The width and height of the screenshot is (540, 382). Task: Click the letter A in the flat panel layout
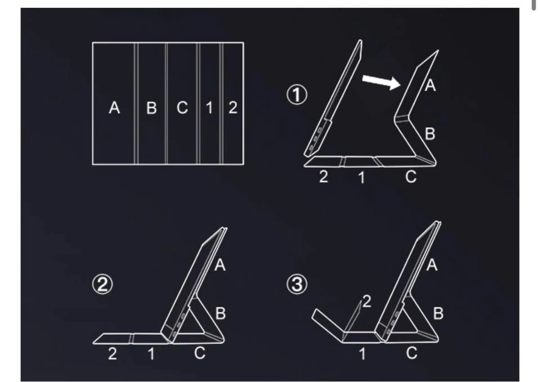(x=114, y=107)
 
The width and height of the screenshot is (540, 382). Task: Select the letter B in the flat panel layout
(x=151, y=108)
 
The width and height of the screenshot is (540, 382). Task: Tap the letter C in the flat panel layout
(x=182, y=107)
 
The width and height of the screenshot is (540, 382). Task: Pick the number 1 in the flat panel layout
(x=209, y=108)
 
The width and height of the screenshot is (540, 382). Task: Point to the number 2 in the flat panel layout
(x=233, y=107)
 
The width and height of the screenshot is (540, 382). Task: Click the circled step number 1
(x=297, y=95)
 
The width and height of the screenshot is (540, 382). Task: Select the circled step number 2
(x=102, y=285)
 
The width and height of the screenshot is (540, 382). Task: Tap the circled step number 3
(x=297, y=285)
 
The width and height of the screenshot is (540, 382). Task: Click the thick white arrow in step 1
(x=381, y=82)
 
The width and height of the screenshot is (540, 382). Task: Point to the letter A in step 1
(x=430, y=86)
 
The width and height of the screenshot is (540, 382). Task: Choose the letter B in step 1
(x=430, y=134)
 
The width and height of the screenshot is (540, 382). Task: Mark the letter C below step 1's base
(x=411, y=177)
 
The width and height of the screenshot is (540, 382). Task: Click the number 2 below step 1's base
(x=323, y=177)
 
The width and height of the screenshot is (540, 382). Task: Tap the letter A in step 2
(x=220, y=265)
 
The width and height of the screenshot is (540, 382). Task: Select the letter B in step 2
(x=220, y=313)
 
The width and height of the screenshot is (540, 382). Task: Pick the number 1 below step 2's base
(x=151, y=354)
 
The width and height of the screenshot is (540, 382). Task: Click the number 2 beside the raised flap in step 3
(x=367, y=302)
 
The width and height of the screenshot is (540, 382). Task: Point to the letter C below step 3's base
(x=411, y=353)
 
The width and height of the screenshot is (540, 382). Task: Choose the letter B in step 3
(x=438, y=313)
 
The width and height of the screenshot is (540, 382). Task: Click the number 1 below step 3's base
(x=362, y=354)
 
